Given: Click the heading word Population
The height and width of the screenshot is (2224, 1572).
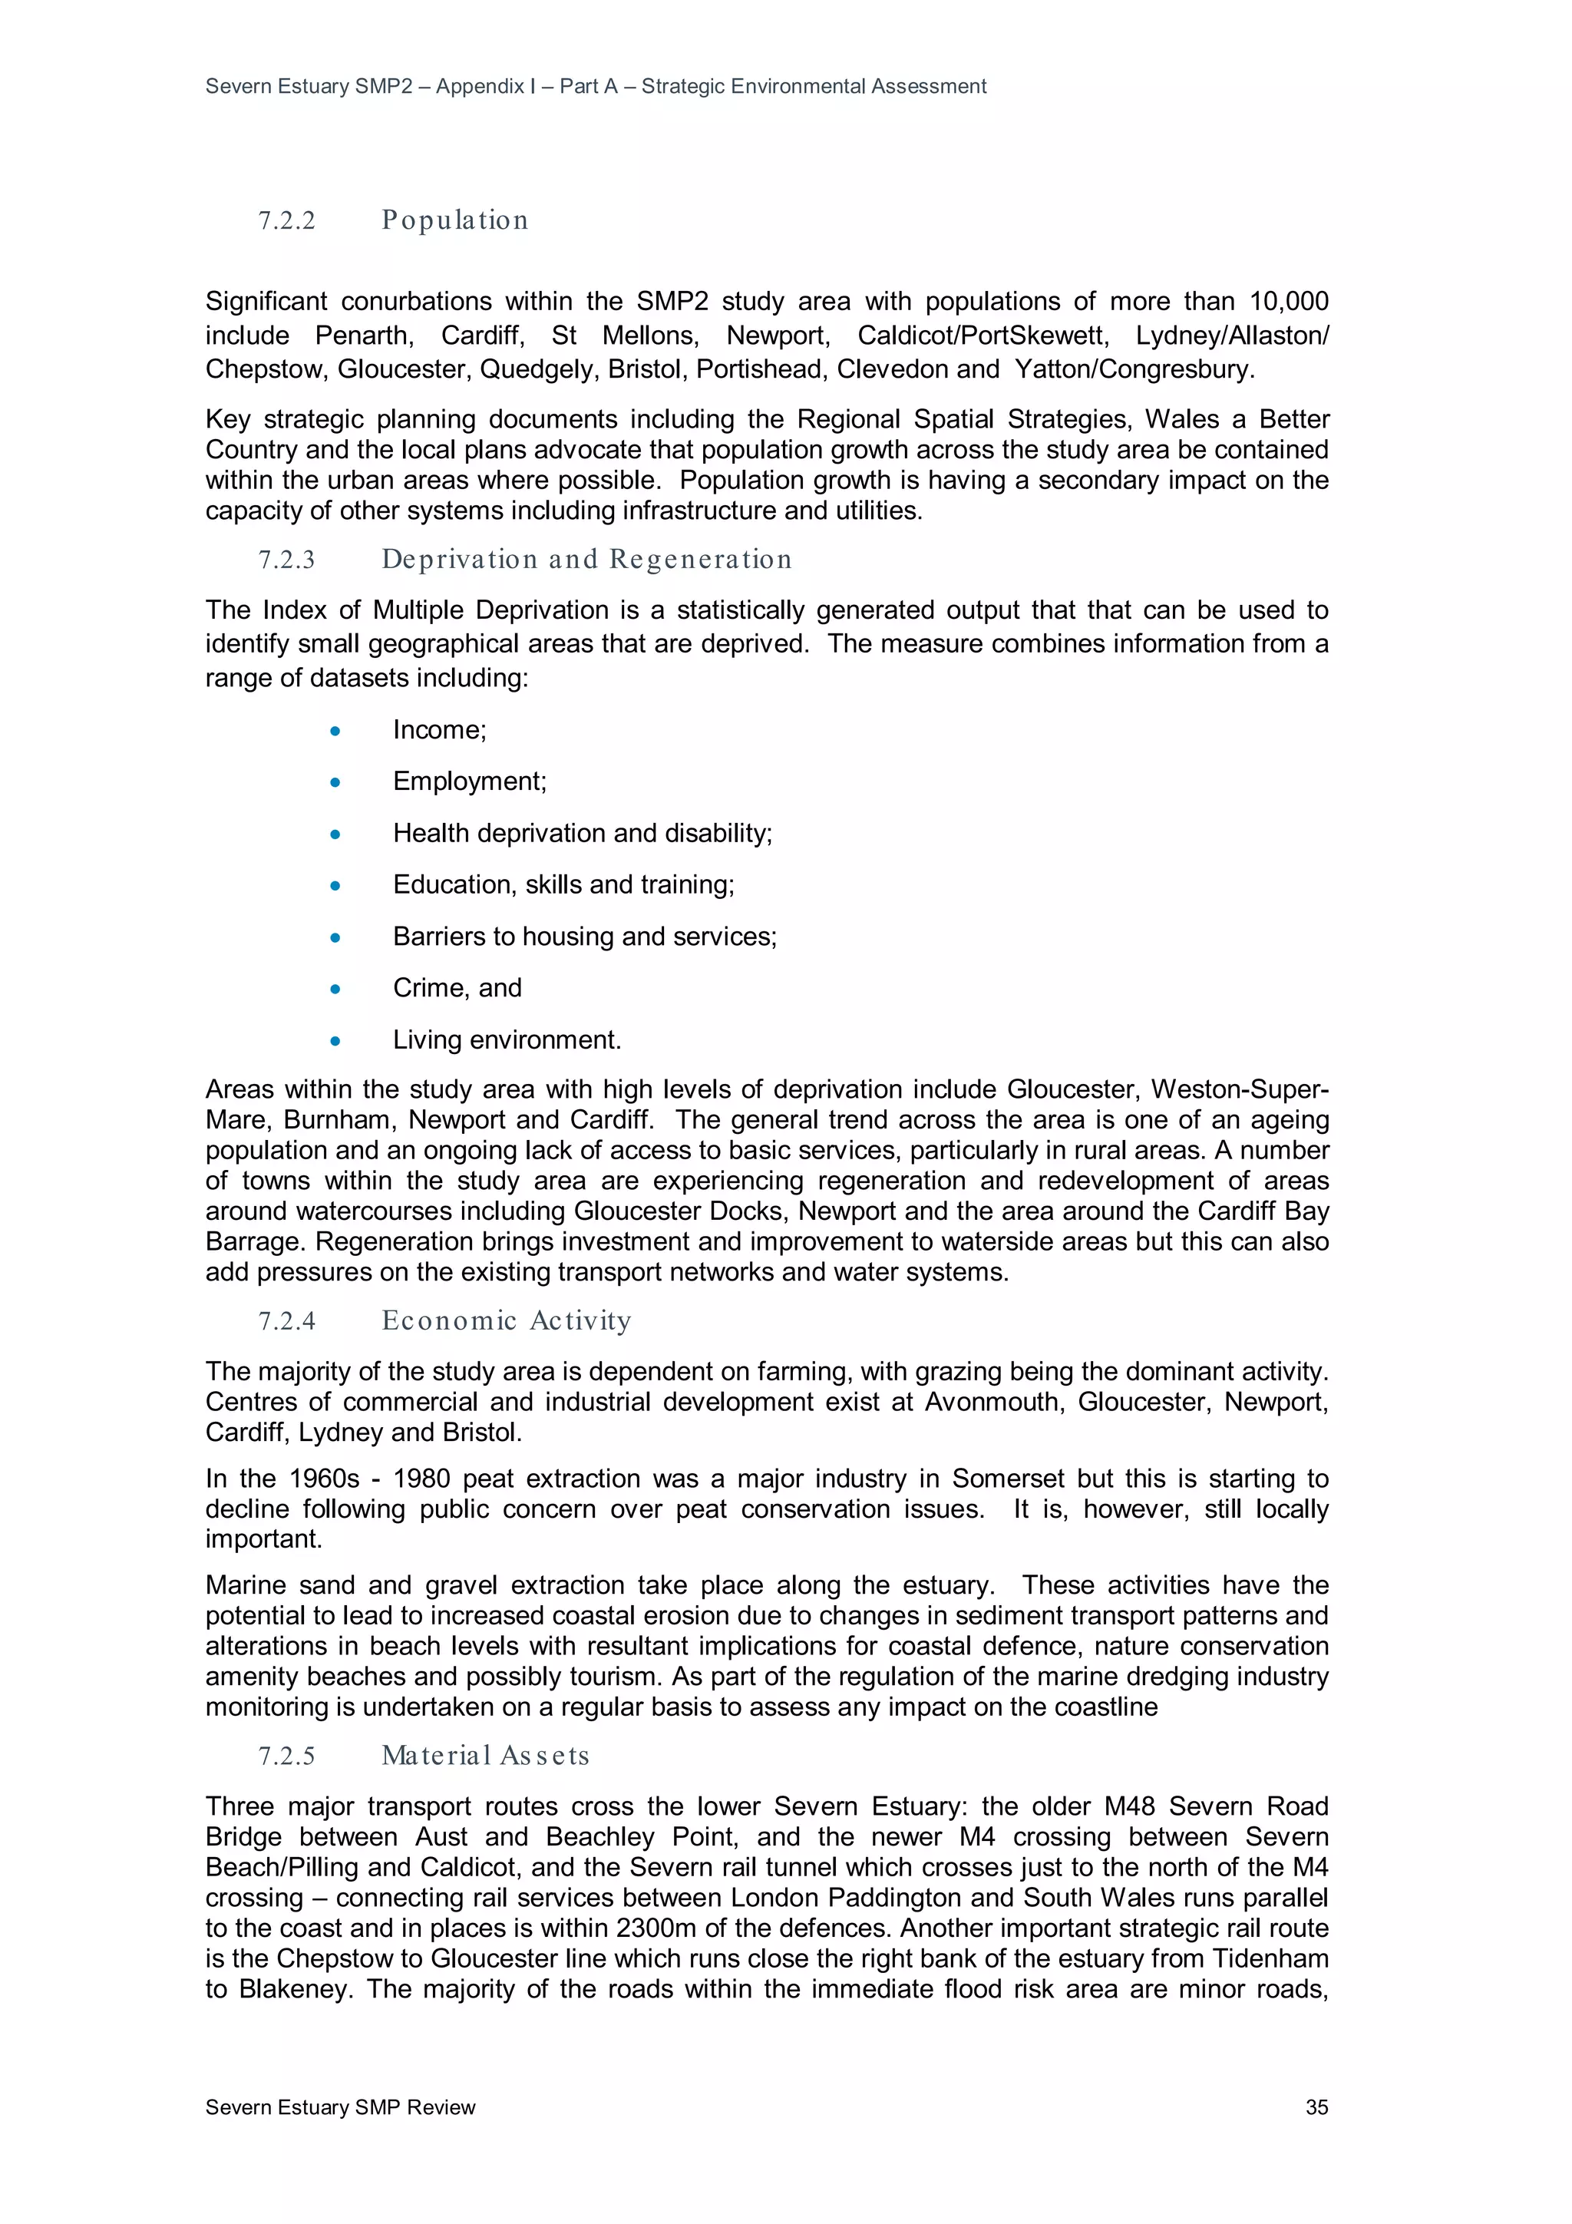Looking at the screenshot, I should tap(454, 221).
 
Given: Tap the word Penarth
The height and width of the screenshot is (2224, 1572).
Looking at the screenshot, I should tap(364, 335).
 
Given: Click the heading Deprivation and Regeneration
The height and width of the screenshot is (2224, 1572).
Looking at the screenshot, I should tap(586, 560).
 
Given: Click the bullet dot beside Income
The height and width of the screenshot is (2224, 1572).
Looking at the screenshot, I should tap(335, 732).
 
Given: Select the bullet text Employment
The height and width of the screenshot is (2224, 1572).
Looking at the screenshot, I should tap(469, 782).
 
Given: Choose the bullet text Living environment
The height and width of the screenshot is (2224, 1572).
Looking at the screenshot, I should tap(506, 1040).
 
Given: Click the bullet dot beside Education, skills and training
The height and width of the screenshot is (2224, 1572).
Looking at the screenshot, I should tap(335, 885).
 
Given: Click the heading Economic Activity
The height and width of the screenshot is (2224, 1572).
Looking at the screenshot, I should tap(506, 1321).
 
